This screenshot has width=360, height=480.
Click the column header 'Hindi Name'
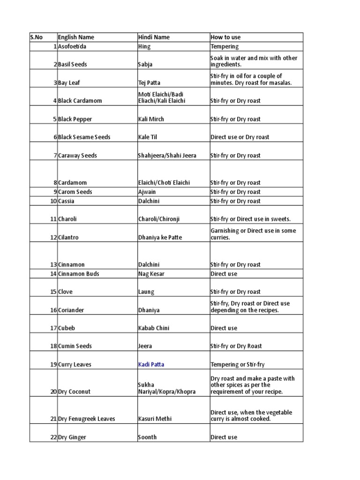[154, 37]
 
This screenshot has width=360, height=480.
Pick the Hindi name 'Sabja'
[145, 64]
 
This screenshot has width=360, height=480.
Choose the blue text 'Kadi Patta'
[151, 364]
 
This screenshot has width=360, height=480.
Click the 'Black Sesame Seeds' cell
[84, 137]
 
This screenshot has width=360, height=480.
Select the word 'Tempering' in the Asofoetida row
[225, 46]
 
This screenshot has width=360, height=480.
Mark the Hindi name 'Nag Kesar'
[151, 274]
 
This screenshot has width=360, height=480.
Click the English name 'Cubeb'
[67, 328]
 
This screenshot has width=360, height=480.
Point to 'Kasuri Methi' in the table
[153, 419]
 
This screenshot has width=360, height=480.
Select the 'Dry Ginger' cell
[72, 437]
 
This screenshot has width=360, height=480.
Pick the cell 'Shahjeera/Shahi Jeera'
[167, 155]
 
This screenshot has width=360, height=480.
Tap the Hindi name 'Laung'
[146, 292]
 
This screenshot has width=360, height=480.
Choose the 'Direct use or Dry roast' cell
[240, 137]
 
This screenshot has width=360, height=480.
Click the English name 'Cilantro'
[68, 237]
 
